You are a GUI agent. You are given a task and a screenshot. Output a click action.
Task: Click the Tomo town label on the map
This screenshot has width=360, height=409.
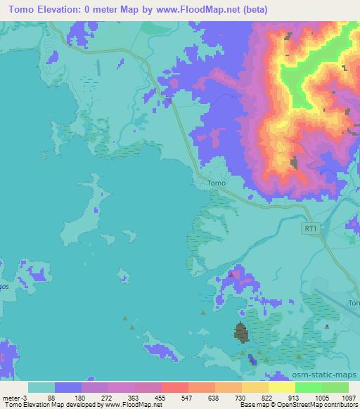point(217,183)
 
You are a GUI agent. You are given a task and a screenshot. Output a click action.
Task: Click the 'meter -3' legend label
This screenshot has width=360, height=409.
point(15,397)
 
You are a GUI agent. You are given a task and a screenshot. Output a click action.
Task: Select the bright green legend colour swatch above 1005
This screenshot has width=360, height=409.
point(308,387)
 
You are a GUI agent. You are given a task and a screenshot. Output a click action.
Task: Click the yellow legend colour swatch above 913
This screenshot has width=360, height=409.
point(282,387)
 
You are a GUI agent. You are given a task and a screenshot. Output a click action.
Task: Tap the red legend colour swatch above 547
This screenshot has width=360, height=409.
point(175,387)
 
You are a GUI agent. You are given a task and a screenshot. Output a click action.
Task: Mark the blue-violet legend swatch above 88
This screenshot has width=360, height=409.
point(68,387)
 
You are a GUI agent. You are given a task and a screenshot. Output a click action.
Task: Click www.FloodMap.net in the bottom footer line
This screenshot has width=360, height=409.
point(133,405)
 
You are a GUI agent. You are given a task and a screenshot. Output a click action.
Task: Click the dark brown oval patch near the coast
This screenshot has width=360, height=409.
point(240,332)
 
